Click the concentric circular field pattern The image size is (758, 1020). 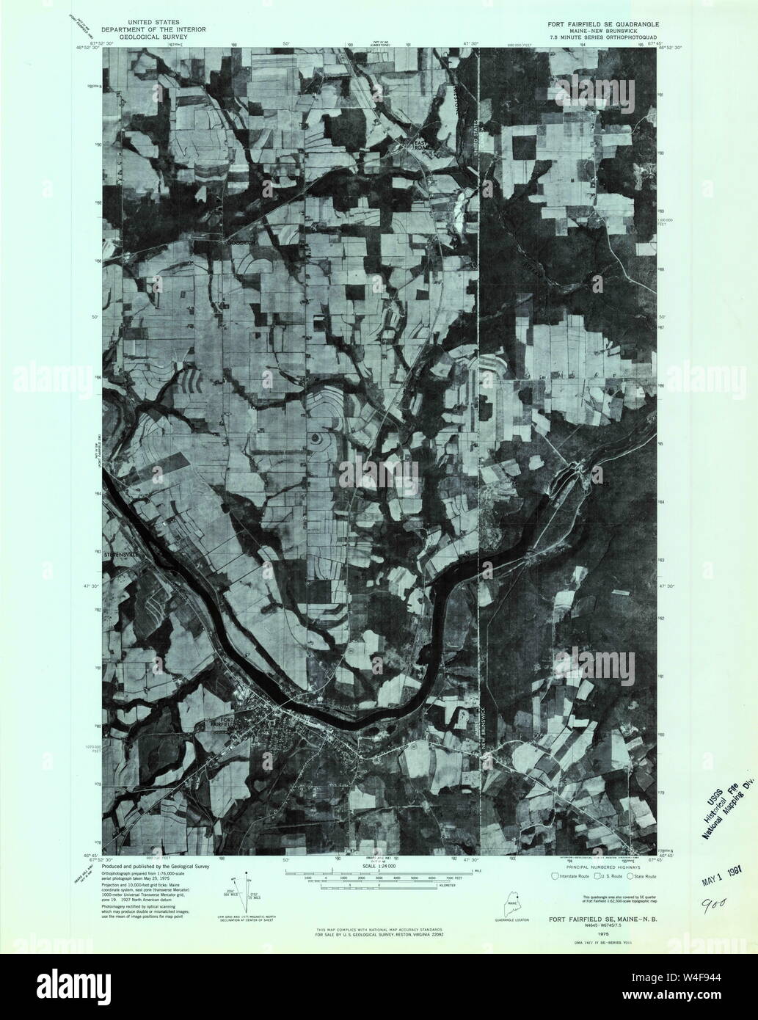point(317,439)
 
